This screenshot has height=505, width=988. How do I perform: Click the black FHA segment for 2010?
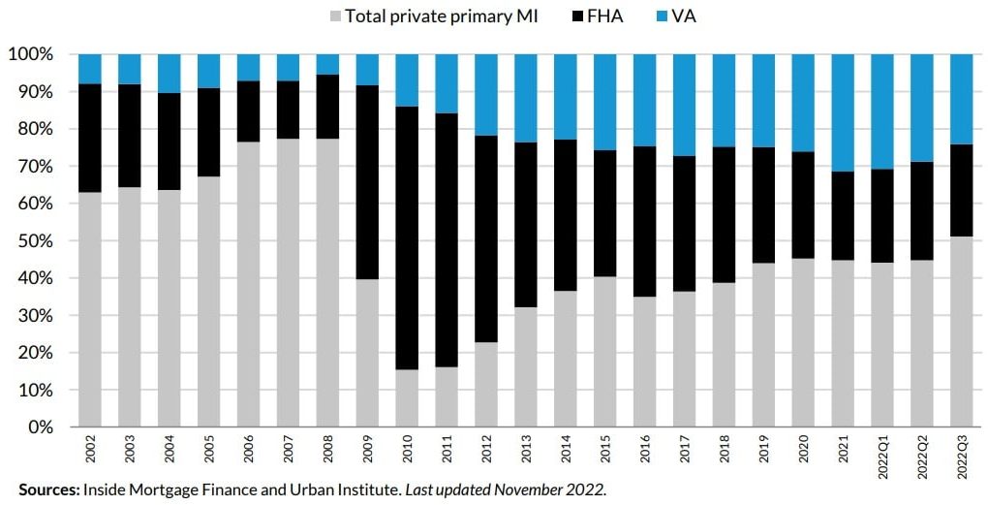pos(408,237)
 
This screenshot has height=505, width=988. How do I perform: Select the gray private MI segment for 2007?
pos(289,282)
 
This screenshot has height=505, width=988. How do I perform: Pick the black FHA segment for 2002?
pos(90,138)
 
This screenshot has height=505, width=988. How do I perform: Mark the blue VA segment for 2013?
pos(527,98)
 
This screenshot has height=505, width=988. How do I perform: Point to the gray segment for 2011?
pos(448,396)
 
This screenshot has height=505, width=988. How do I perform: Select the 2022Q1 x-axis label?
pos(883,455)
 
